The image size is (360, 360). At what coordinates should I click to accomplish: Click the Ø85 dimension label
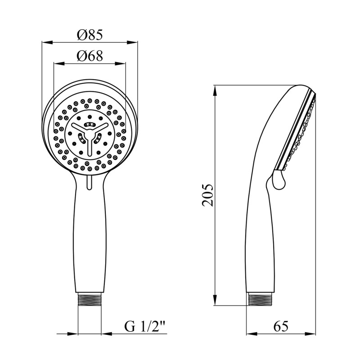90,35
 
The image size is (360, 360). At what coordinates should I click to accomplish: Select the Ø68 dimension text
90,56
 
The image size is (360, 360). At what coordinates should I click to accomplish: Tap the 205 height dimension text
208,195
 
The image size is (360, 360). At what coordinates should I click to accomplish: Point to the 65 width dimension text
280,326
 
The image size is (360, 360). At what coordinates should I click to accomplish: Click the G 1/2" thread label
145,327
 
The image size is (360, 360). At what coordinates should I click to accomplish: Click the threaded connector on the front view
90,299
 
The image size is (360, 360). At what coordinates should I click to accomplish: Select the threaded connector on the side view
260,299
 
